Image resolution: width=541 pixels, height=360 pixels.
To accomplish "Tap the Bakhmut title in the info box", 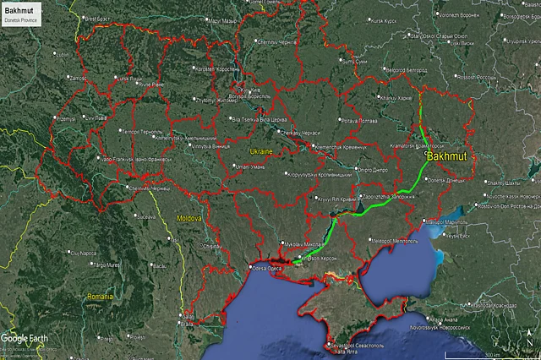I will [x=18, y=8].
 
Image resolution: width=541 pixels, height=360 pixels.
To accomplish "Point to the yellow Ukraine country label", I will [x=260, y=150].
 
